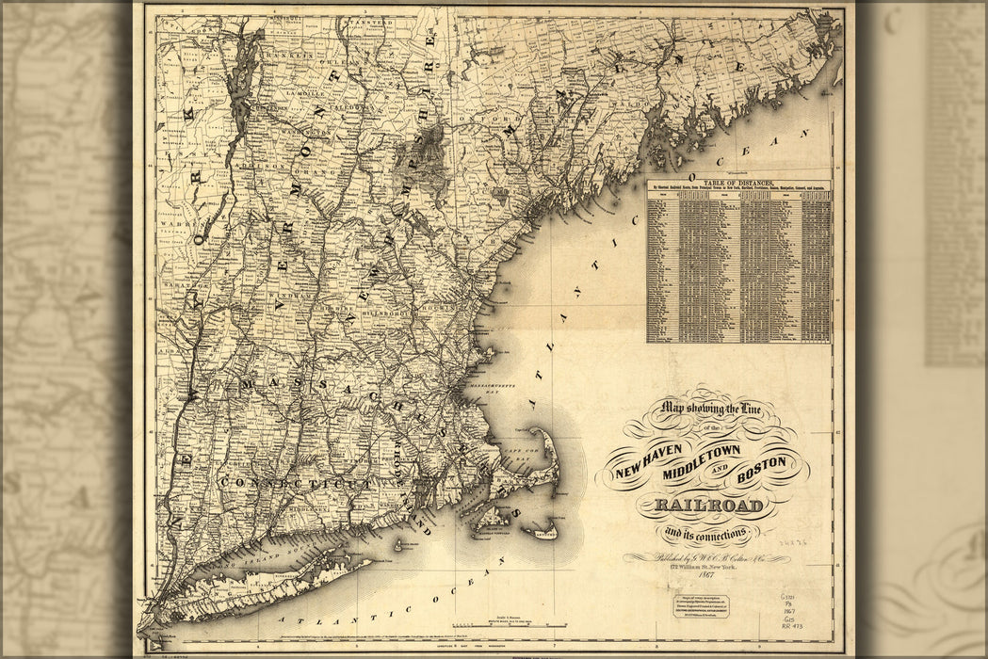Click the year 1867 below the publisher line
(700, 574)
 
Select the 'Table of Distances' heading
(738, 183)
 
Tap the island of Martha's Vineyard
(494, 518)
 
